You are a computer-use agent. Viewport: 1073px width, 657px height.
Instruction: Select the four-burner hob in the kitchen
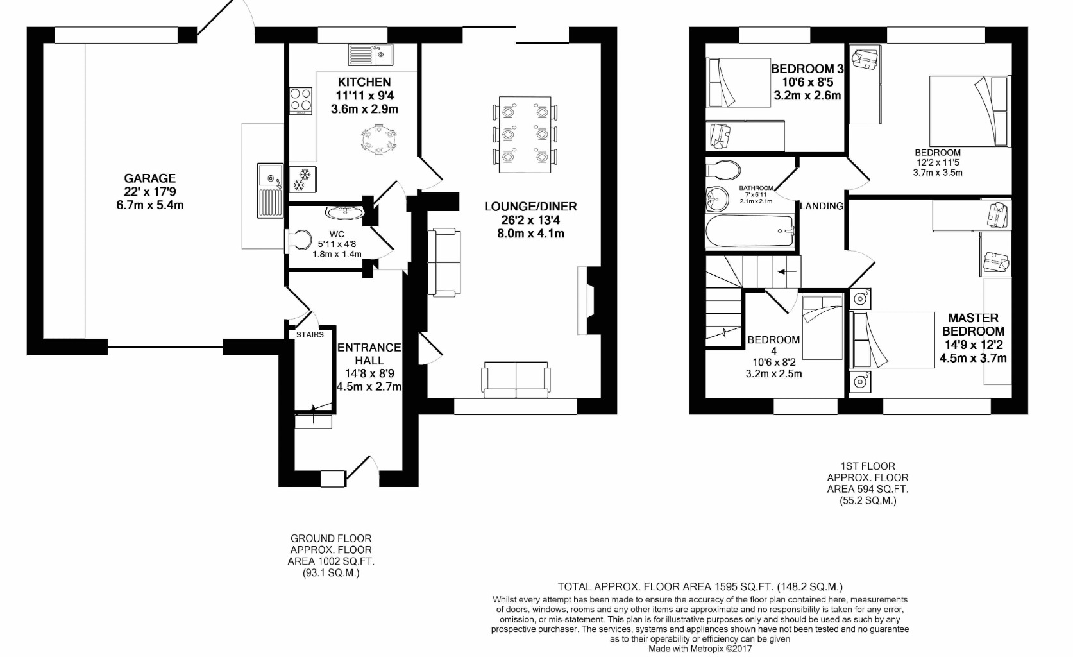300,100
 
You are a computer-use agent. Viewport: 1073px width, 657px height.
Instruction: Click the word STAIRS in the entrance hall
310,335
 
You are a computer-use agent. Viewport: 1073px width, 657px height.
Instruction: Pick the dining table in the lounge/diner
525,133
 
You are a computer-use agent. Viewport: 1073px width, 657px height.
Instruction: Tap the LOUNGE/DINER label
530,207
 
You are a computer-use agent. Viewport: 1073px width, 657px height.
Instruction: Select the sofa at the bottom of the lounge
516,379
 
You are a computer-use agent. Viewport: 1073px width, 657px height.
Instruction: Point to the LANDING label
821,206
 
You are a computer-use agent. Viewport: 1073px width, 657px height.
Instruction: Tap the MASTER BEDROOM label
973,325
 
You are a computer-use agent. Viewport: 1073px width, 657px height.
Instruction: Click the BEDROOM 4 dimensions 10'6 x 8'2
773,363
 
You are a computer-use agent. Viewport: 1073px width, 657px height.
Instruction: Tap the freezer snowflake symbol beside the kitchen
299,180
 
